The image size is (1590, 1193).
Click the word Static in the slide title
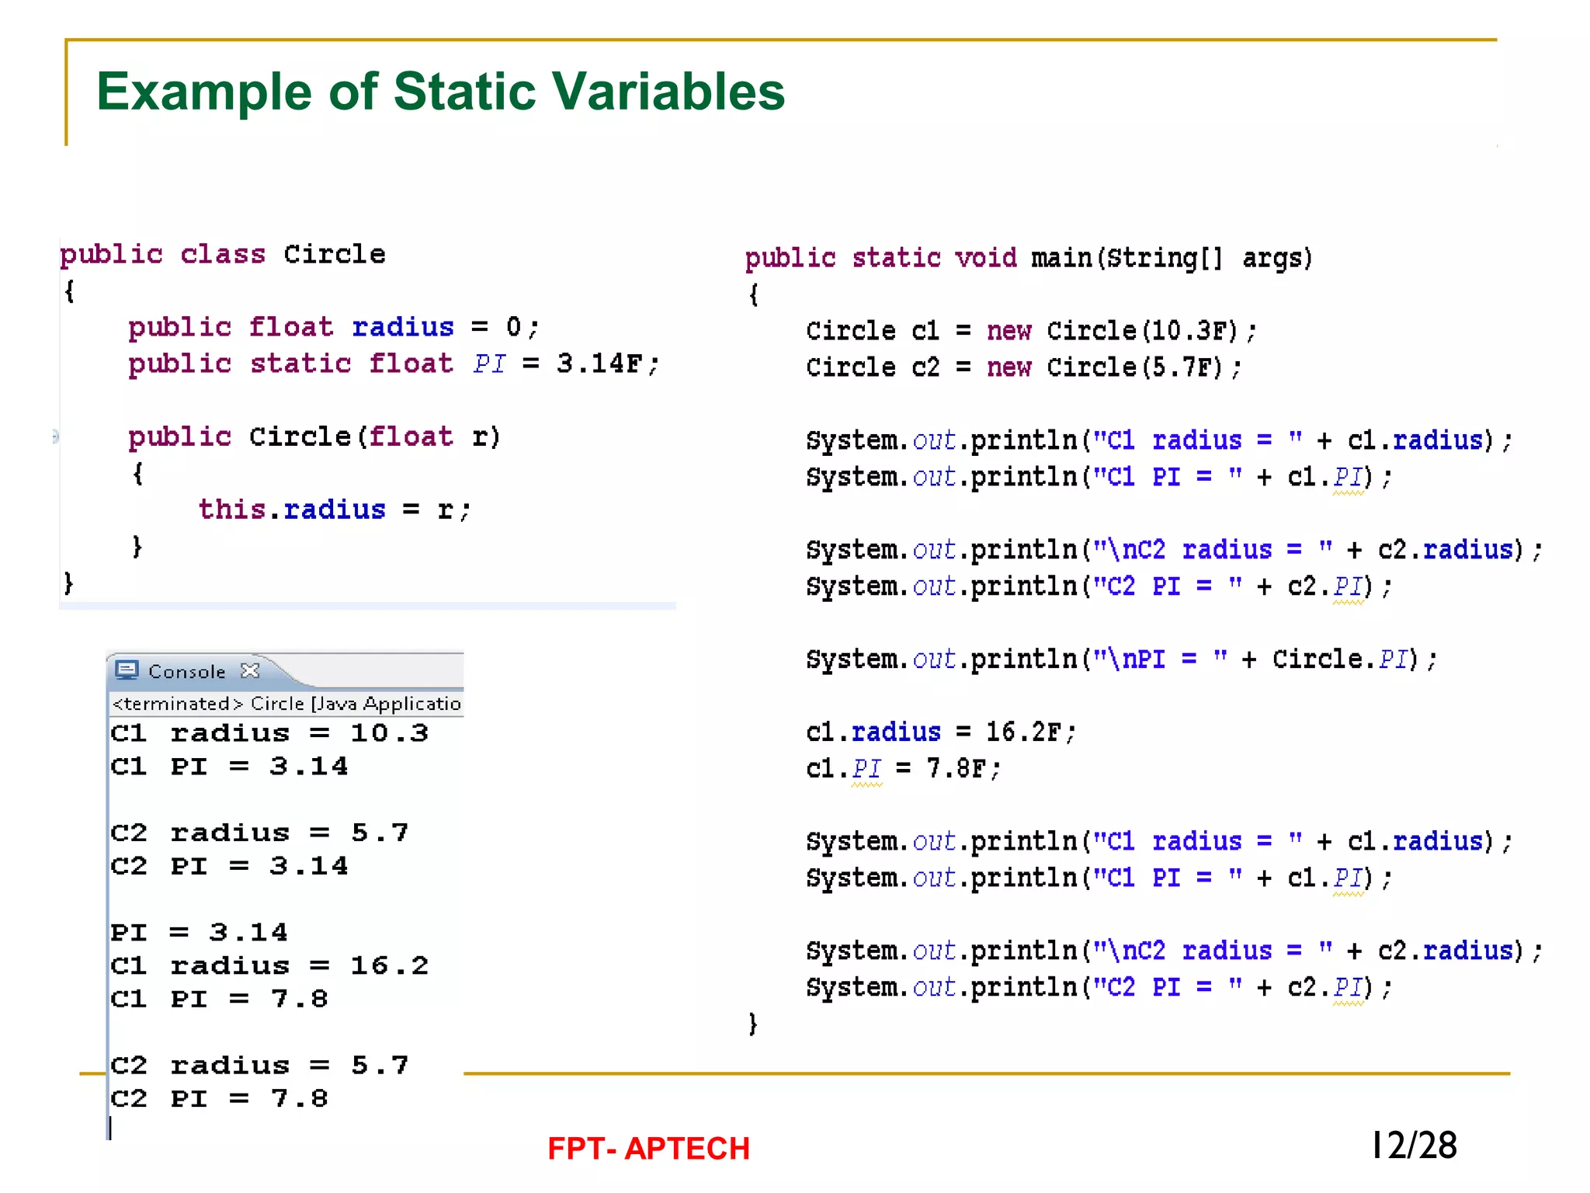465,92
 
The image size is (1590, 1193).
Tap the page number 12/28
1415,1146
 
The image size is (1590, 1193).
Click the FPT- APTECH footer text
648,1149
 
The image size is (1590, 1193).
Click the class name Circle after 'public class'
334,255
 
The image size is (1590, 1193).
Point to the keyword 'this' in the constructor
231,510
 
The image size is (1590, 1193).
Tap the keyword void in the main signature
985,258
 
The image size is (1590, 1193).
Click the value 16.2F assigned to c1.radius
1022,732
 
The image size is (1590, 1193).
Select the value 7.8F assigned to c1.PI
956,769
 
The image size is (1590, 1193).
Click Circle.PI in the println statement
1339,659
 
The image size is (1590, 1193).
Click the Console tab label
186,672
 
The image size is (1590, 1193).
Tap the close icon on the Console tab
250,670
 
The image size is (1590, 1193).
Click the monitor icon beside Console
127,670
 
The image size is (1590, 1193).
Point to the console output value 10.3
389,733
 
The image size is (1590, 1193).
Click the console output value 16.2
389,965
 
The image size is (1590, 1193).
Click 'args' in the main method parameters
1275,258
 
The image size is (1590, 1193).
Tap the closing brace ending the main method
752,1024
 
